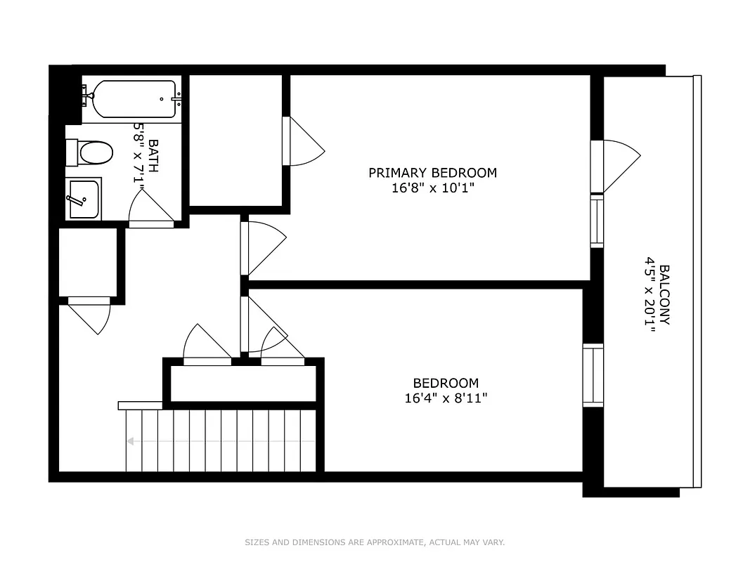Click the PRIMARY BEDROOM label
pos(432,173)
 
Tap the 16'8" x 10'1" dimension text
pos(432,188)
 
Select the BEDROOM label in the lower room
pos(446,384)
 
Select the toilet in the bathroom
pos(91,152)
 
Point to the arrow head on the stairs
pos(130,441)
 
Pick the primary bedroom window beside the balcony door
pos(597,221)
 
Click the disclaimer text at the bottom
pos(375,542)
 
